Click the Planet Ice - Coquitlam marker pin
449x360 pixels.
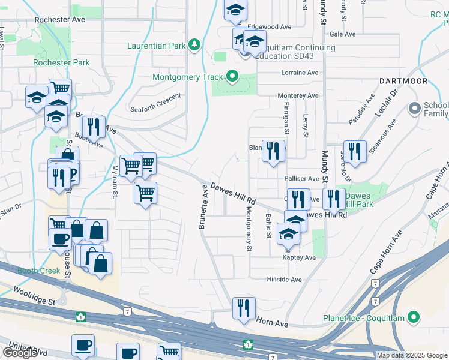click(x=414, y=317)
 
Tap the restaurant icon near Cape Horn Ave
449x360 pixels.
click(x=244, y=308)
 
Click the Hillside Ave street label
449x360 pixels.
click(x=284, y=280)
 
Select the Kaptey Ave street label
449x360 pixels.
click(x=299, y=257)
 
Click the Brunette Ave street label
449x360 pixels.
click(x=203, y=207)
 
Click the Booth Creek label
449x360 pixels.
click(x=38, y=271)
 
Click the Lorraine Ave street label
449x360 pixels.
click(x=300, y=73)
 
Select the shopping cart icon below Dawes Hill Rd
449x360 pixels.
click(x=145, y=194)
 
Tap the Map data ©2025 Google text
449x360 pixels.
click(x=411, y=355)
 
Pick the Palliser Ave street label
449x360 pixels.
click(x=301, y=179)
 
